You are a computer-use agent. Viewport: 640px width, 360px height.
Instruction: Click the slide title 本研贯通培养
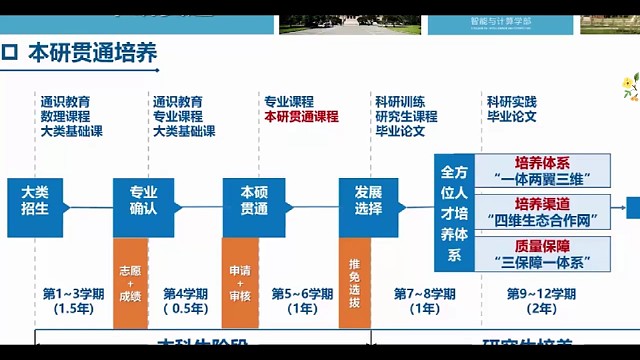[92, 53]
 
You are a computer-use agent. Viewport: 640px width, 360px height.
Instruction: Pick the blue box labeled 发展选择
[360, 199]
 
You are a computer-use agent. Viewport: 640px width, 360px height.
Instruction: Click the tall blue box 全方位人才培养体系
[453, 212]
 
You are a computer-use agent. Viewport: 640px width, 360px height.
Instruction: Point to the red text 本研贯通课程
[302, 116]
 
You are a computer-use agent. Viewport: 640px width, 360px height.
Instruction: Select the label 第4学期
[185, 294]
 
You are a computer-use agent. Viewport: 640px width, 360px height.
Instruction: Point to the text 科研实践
[512, 102]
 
